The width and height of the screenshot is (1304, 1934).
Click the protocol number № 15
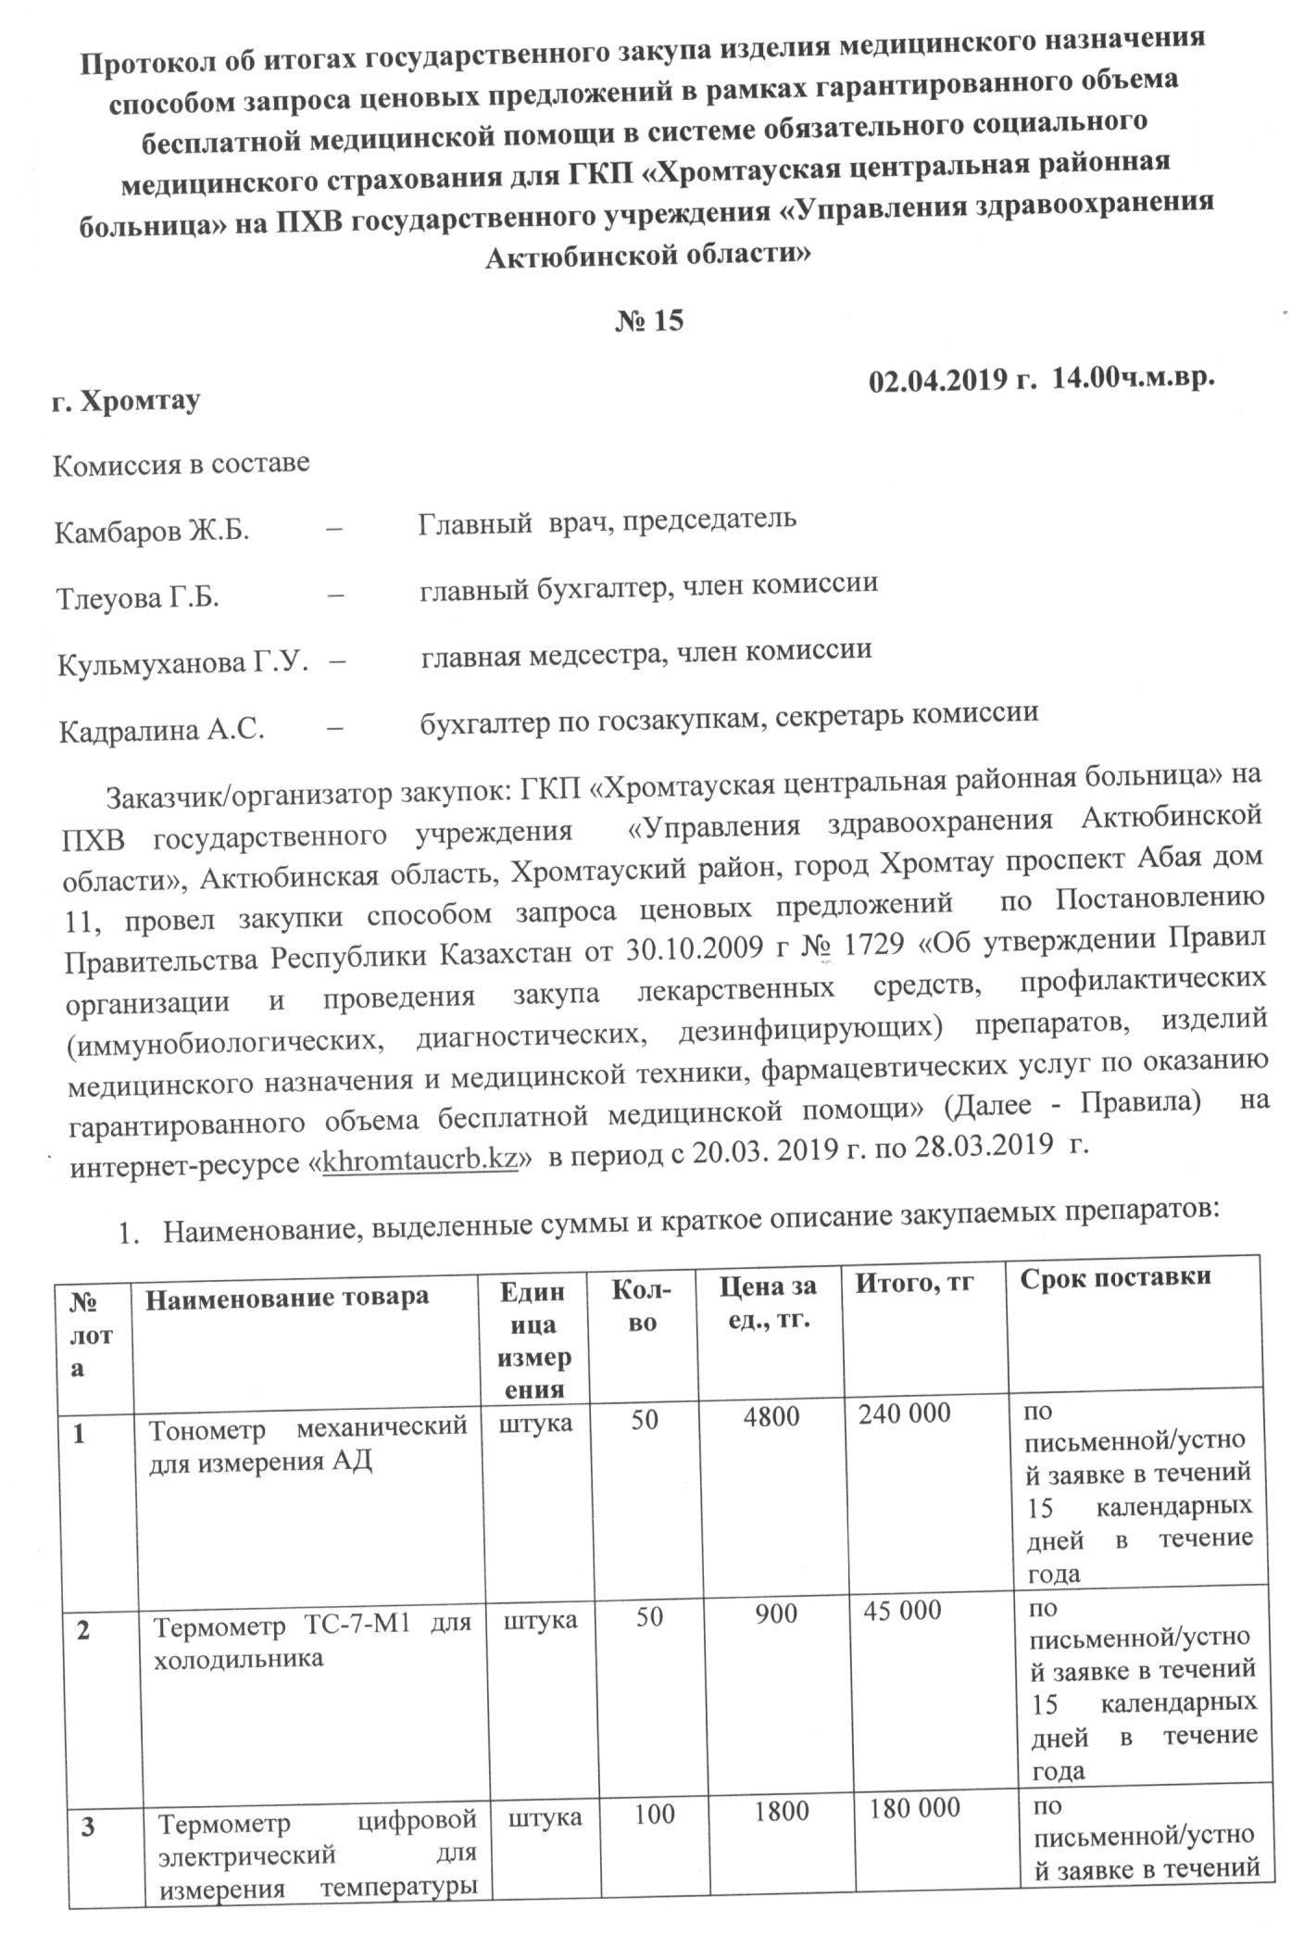coord(649,320)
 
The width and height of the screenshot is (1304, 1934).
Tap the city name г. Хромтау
coord(126,402)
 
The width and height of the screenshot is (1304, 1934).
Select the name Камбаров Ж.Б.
coord(152,533)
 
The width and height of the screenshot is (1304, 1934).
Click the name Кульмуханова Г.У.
coord(182,664)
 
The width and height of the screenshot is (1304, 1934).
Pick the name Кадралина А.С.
coord(162,731)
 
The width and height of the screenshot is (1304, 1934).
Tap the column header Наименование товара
coord(286,1295)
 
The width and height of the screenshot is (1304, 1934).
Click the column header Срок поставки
coord(1115,1276)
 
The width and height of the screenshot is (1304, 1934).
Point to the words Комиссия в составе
coord(182,465)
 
